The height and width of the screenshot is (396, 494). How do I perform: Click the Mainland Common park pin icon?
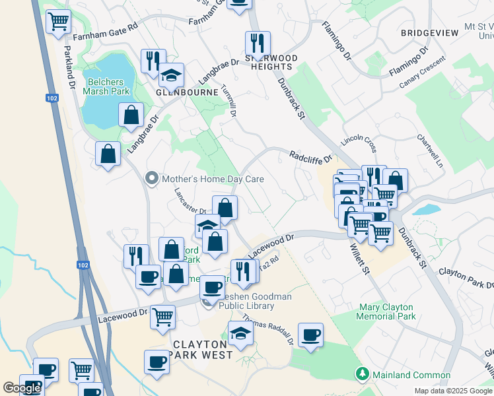361,375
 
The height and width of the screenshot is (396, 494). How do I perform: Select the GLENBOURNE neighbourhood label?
186,92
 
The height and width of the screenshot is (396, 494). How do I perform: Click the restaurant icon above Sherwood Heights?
257,43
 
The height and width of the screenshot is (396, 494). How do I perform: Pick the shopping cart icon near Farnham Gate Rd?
59,22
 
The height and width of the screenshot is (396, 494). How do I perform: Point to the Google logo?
22,388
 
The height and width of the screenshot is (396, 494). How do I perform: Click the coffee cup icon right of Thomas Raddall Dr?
310,335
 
